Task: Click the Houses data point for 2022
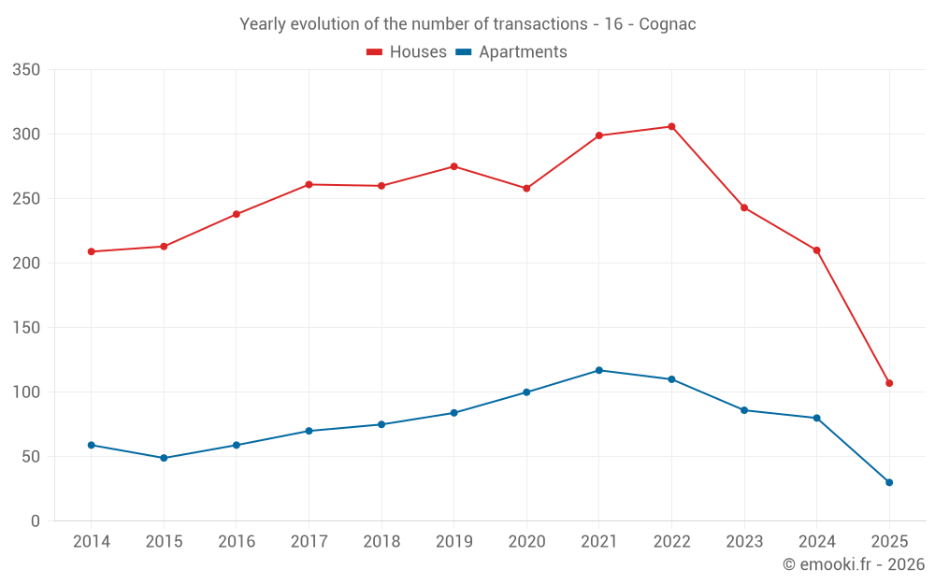pos(671,126)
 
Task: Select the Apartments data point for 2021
pos(599,370)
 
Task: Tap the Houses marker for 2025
pos(889,383)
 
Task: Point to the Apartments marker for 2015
pos(164,458)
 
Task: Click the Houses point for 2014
pos(92,251)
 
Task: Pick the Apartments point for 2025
pos(889,482)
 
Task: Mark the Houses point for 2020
pos(526,189)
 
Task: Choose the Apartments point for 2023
pos(744,410)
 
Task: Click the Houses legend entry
pos(407,52)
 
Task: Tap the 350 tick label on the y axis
pos(27,70)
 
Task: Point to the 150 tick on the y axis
pos(27,328)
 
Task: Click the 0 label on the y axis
pos(36,521)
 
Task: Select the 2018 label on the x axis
pos(381,542)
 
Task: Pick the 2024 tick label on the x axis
pos(817,542)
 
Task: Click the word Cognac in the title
pos(668,24)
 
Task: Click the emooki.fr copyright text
pos(854,564)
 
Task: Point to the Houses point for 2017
pos(309,184)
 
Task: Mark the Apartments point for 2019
pos(454,413)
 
